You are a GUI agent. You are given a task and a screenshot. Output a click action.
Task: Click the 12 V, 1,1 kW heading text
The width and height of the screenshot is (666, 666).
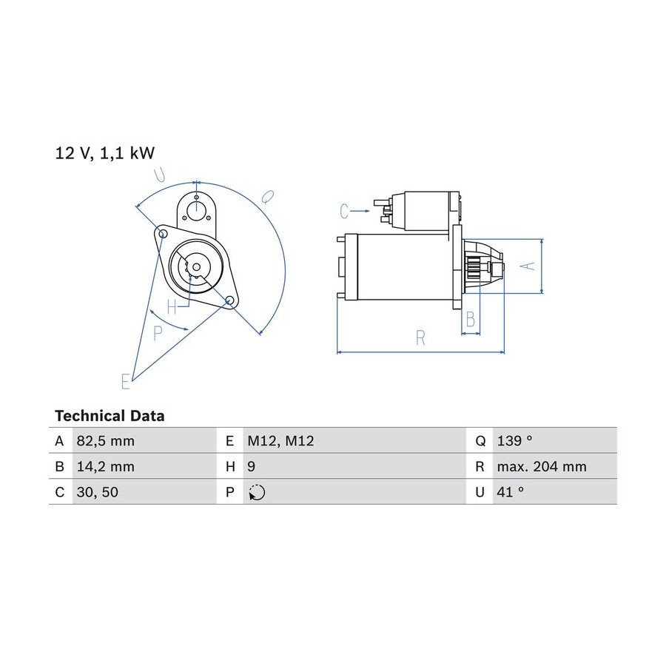click(105, 153)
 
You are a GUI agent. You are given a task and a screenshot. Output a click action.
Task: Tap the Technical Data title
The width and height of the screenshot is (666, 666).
click(110, 416)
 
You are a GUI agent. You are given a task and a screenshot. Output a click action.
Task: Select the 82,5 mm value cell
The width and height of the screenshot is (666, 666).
click(105, 441)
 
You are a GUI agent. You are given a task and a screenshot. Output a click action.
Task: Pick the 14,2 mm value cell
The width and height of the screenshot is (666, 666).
click(105, 466)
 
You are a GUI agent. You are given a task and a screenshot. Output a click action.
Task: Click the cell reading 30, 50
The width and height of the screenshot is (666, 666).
click(97, 492)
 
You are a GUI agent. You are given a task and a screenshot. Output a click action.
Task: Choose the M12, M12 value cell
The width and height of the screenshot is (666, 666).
click(280, 441)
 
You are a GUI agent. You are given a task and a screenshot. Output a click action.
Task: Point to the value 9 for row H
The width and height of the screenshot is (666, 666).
click(252, 466)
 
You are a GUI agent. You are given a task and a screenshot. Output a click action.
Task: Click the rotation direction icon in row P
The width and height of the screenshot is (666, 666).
click(257, 492)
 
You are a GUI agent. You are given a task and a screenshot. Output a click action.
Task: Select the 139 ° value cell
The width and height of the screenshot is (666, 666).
click(514, 440)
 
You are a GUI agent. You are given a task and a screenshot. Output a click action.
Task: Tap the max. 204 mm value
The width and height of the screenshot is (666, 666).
click(542, 466)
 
